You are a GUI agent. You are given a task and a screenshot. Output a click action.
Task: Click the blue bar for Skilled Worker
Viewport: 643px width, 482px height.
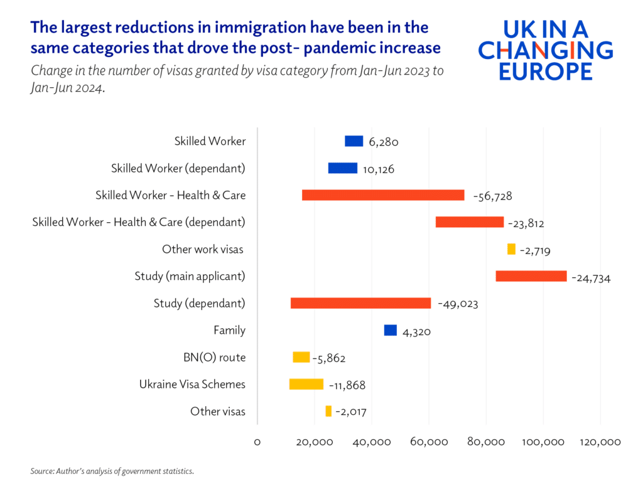pos(354,141)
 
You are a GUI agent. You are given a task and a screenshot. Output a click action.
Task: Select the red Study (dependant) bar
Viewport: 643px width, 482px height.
pos(360,303)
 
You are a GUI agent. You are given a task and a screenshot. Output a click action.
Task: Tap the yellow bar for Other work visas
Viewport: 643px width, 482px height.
pos(511,249)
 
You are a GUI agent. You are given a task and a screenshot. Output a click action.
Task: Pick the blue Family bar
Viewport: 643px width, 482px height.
pos(390,330)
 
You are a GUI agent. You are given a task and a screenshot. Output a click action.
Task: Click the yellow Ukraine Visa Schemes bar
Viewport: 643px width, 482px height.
pos(306,384)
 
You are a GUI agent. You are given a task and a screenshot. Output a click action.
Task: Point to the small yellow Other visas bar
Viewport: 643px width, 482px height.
pos(328,411)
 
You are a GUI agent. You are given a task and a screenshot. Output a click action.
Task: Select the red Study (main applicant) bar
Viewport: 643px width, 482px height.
pos(531,276)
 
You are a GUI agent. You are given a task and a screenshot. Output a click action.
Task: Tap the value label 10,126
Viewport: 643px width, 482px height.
pos(378,169)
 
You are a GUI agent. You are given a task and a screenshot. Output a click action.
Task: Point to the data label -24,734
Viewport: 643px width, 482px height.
pos(591,277)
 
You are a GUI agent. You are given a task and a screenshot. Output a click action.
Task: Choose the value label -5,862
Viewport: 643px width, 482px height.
pos(328,358)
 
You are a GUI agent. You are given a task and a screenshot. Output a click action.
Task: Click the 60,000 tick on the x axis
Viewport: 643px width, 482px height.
pos(429,442)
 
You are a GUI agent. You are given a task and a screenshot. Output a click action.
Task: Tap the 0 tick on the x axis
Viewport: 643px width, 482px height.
pos(257,442)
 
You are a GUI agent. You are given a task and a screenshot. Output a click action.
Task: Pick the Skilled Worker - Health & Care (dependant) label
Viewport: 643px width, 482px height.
pos(139,222)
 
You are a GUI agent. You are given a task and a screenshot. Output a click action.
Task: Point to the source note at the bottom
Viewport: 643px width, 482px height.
pos(112,470)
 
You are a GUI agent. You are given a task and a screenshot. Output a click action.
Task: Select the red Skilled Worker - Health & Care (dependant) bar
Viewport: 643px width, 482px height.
pos(469,222)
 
